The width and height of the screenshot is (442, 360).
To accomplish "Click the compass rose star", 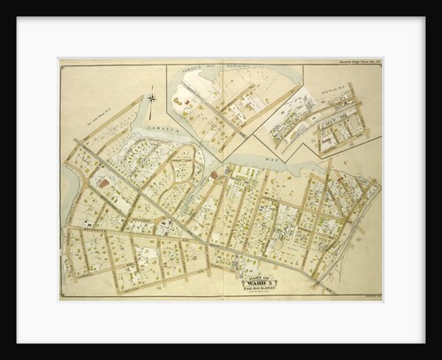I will [x=152, y=98].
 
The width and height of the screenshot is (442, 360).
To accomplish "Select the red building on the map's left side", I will [x=103, y=182].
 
